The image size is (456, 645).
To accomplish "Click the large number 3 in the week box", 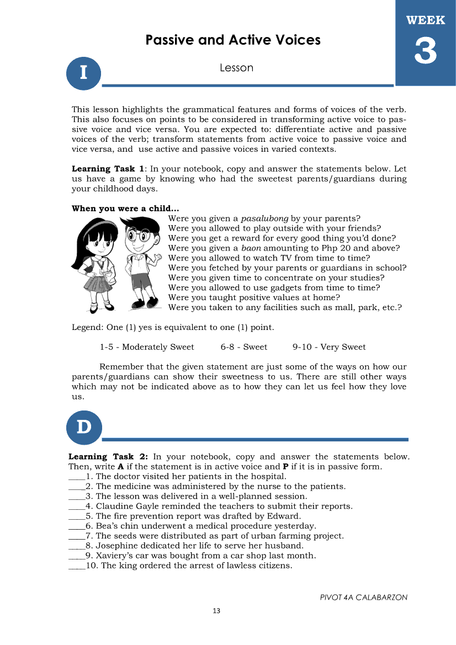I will click(x=426, y=53).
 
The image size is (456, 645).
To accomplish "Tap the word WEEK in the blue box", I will click(x=426, y=20).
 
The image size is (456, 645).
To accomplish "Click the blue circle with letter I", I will click(x=83, y=72).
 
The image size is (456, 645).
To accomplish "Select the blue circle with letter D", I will click(x=83, y=427).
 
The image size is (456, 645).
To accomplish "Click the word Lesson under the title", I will click(x=236, y=68).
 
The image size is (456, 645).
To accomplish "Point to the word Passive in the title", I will click(x=171, y=40).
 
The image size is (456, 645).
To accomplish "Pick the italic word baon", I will click(x=252, y=248).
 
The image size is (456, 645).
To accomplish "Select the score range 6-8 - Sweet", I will click(x=243, y=347).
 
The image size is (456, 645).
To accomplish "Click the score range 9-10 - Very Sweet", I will click(x=329, y=347).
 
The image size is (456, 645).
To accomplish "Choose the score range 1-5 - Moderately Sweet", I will click(x=147, y=347).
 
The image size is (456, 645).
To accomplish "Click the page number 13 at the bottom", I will click(x=216, y=610).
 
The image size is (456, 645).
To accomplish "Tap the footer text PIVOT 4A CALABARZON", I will click(x=364, y=597).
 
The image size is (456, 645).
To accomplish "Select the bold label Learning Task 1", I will click(x=108, y=169).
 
